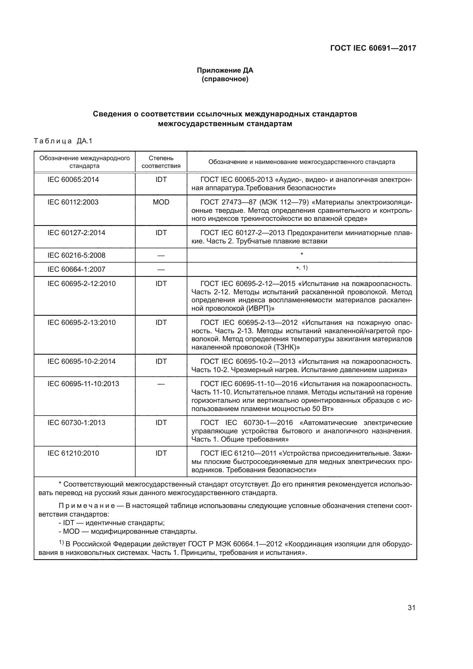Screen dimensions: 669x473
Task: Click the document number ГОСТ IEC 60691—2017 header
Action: [x=373, y=48]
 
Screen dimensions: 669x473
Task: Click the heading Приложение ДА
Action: [x=225, y=70]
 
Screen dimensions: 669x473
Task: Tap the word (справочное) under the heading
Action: [x=225, y=79]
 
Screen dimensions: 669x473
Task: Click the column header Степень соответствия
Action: [x=161, y=162]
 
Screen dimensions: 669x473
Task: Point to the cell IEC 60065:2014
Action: [x=73, y=180]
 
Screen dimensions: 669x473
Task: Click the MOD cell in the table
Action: [x=161, y=202]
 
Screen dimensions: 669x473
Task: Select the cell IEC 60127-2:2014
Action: [x=76, y=233]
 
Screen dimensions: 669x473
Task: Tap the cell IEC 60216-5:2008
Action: [x=76, y=255]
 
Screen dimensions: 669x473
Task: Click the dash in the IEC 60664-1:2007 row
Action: [x=161, y=269]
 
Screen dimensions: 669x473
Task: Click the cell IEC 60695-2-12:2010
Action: [x=82, y=283]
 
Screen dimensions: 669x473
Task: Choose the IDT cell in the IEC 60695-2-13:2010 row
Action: [x=161, y=323]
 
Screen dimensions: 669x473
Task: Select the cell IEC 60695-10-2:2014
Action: [x=82, y=361]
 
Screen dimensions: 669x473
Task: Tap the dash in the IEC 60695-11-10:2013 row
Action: [x=161, y=384]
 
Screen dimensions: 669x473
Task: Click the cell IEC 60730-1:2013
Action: [x=76, y=422]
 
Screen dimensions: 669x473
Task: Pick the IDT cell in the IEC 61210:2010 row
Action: [x=161, y=453]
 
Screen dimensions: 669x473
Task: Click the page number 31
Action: [x=411, y=608]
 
